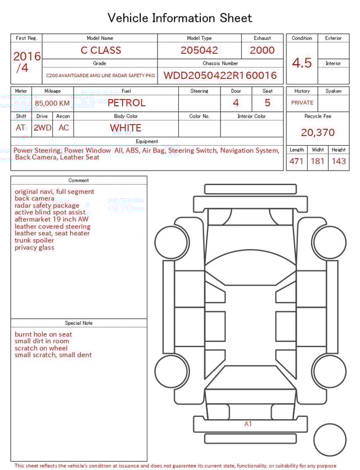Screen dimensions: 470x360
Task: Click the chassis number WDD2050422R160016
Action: pos(220,75)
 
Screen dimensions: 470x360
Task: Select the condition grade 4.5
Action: pos(301,63)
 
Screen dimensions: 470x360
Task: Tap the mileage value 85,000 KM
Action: pos(52,103)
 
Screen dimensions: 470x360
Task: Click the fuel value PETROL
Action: pos(126,102)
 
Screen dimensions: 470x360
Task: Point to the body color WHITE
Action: pos(125,128)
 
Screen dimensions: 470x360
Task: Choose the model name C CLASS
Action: pos(101,50)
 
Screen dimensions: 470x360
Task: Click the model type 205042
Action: pos(199,50)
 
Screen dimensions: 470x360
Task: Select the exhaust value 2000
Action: pos(262,50)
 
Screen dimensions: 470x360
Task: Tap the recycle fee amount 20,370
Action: pos(317,133)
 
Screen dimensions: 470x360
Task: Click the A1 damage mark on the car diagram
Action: pos(248,424)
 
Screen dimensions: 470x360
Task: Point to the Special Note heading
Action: pos(79,323)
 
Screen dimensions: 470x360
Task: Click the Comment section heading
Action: pos(79,181)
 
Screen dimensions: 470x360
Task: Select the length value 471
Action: pos(296,162)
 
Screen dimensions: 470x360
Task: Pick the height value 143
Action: pos(339,162)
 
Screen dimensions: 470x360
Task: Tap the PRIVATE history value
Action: pos(302,103)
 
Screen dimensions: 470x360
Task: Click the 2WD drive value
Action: pos(42,128)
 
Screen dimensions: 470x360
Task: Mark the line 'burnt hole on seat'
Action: pos(43,334)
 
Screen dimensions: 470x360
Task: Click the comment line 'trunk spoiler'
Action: pos(34,240)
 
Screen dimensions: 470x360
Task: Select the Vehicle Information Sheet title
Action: pos(180,18)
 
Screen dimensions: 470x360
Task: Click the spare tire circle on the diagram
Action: pos(330,440)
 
